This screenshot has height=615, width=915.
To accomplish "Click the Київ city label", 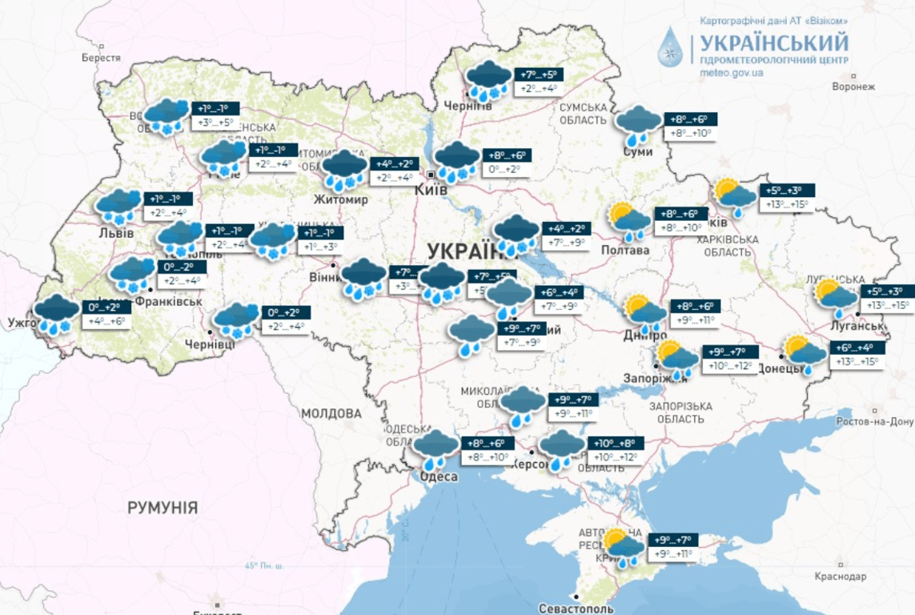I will [x=431, y=191].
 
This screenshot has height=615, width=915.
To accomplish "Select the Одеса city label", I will [x=439, y=476].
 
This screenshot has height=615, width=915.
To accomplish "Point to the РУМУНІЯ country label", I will [x=163, y=508].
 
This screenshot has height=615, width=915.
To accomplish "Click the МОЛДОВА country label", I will [x=331, y=414].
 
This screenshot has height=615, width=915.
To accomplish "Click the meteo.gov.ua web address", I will [x=731, y=73].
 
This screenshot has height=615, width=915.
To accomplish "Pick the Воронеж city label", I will [x=854, y=86].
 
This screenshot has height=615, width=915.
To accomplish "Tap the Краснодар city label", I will [x=841, y=576].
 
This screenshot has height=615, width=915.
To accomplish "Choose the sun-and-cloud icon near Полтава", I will [x=629, y=222].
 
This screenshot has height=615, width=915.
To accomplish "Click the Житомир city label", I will [x=341, y=199].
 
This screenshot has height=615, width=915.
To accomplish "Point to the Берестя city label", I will [x=101, y=58].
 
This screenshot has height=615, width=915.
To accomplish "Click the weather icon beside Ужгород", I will [x=57, y=315].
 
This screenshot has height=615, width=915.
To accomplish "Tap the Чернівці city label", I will [x=210, y=344].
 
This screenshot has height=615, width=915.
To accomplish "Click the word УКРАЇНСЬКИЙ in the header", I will [x=774, y=42].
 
